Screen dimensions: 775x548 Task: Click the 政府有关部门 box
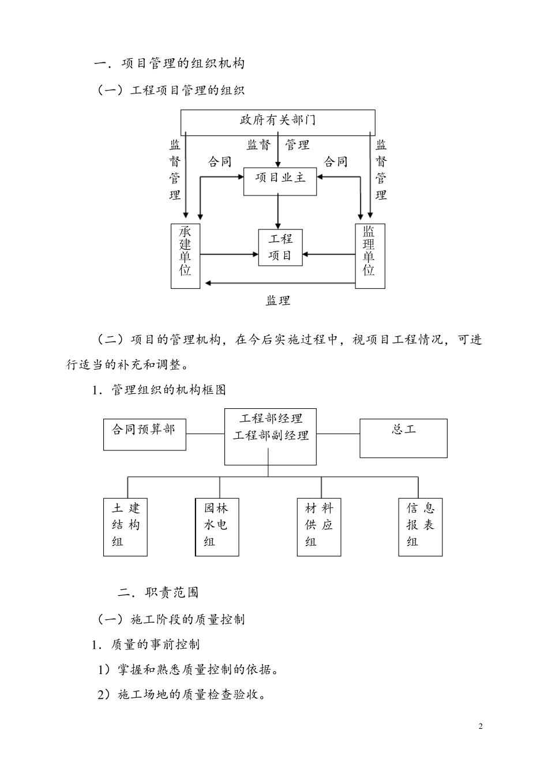277,122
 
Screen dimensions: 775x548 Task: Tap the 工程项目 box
280,247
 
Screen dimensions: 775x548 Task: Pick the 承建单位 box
185,255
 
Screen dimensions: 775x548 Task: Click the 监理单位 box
369,255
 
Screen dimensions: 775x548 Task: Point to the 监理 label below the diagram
277,300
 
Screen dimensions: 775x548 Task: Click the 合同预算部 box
144,434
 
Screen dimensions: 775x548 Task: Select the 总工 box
403,438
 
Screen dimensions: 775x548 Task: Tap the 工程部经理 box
270,437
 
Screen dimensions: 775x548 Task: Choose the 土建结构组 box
125,527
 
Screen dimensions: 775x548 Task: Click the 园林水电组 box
217,527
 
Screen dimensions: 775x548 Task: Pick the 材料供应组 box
318,527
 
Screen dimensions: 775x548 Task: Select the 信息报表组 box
420,527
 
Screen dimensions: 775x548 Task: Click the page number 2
481,726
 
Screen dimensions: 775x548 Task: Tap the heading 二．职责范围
158,592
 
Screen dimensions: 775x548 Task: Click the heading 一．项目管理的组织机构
169,63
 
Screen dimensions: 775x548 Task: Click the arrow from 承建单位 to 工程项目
229,254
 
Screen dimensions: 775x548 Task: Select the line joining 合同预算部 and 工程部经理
205,434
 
